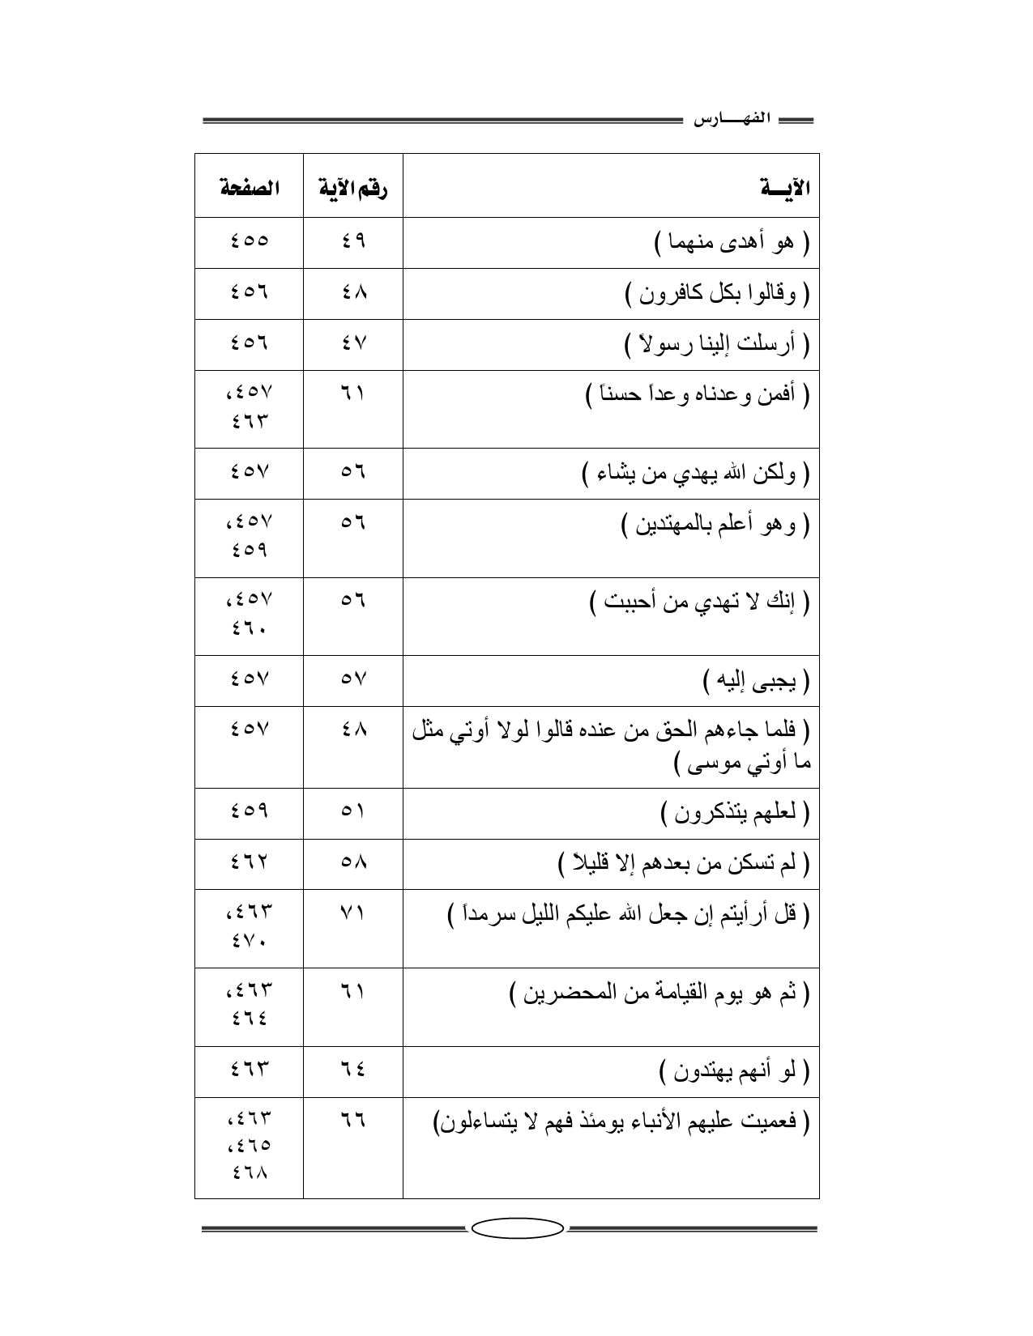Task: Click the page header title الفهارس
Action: [x=732, y=120]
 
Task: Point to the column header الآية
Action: [x=786, y=189]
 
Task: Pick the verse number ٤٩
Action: [x=353, y=241]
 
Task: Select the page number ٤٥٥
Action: [x=249, y=241]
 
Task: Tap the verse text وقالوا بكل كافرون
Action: [x=718, y=294]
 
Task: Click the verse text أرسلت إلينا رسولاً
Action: [x=717, y=345]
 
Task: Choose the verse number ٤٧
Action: [x=353, y=344]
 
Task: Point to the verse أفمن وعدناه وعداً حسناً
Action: [x=698, y=396]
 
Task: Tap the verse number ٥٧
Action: [x=353, y=680]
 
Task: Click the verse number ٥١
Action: [x=353, y=811]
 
